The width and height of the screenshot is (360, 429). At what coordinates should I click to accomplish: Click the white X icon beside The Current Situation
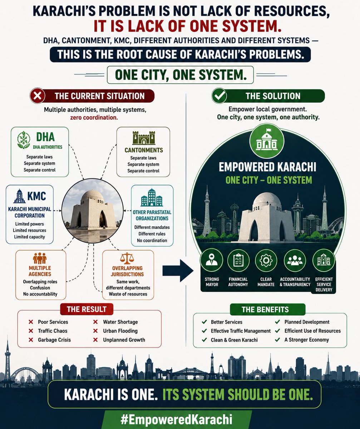click(x=38, y=96)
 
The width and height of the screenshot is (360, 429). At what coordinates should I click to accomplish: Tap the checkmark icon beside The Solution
click(x=219, y=96)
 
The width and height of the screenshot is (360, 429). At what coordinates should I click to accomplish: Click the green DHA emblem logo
click(x=24, y=140)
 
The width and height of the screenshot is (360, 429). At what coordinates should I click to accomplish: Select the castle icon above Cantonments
click(x=144, y=138)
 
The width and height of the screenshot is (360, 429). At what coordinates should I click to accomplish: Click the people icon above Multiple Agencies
click(x=40, y=258)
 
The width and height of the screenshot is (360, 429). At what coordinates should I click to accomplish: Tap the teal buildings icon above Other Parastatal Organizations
click(x=152, y=197)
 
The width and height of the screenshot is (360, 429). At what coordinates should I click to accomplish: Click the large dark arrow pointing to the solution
click(x=178, y=270)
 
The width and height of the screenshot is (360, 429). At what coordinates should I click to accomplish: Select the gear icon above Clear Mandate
click(x=266, y=260)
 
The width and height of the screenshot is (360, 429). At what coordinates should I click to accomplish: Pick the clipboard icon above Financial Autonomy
click(x=238, y=260)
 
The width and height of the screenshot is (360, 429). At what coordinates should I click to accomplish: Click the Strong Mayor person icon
click(x=211, y=260)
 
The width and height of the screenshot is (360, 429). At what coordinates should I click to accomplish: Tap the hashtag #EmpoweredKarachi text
click(x=177, y=420)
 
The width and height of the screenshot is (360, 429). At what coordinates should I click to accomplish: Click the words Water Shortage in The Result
click(x=120, y=322)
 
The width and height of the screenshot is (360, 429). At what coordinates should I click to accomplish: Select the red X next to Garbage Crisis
click(x=31, y=340)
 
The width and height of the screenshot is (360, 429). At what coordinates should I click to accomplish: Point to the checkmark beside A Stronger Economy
click(x=277, y=340)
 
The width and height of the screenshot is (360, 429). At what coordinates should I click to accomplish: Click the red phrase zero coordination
click(x=94, y=118)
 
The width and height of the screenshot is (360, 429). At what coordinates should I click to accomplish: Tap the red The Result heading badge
click(x=87, y=309)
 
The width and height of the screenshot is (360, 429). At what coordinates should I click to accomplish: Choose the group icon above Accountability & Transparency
click(x=295, y=260)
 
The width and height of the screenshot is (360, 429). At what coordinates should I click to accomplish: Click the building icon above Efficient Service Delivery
click(x=324, y=260)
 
